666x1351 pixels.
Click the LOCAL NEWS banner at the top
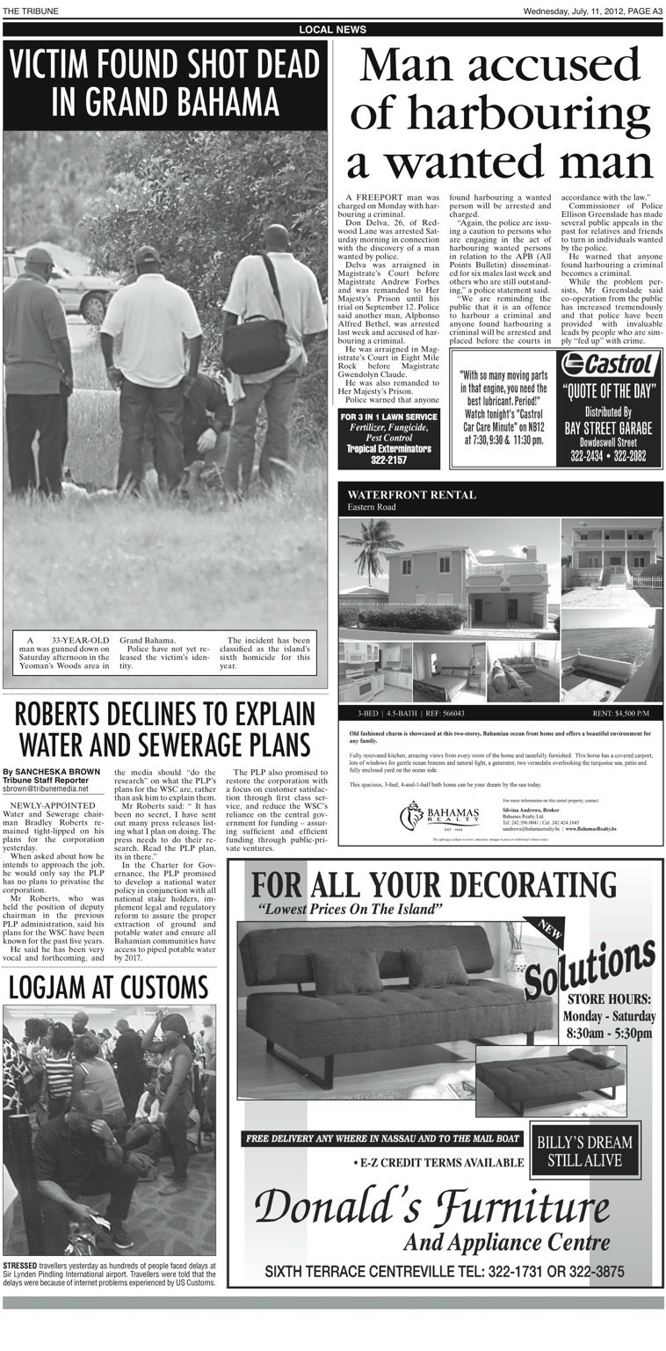(333, 30)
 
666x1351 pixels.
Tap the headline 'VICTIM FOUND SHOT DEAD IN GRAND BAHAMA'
(165, 84)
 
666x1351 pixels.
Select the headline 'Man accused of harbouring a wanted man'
(499, 115)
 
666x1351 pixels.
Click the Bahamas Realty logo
(440, 815)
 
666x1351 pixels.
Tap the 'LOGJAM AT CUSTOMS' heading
(109, 986)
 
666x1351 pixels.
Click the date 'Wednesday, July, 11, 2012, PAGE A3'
(592, 11)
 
